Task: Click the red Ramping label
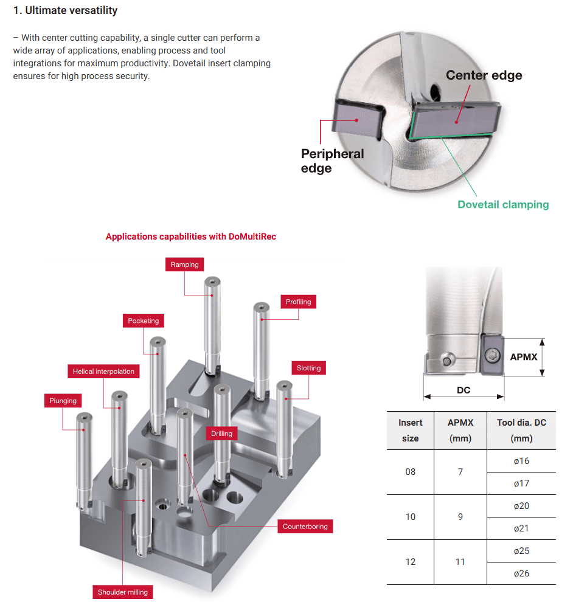click(184, 265)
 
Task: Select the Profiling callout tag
click(298, 302)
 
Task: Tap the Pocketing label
click(143, 320)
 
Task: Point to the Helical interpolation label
click(103, 372)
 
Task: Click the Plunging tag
click(63, 401)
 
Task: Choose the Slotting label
click(308, 368)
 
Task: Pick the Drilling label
click(221, 434)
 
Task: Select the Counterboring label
click(305, 527)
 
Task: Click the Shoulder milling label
click(123, 592)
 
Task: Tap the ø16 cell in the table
click(521, 461)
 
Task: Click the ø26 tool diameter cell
click(521, 573)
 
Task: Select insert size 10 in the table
click(411, 517)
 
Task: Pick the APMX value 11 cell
click(460, 562)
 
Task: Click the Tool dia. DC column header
click(521, 430)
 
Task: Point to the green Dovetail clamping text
click(503, 205)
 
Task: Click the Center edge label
click(484, 75)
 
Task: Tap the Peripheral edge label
click(332, 161)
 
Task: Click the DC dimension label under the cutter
click(464, 390)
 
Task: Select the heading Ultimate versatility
click(66, 10)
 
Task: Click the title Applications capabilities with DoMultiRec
click(191, 237)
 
